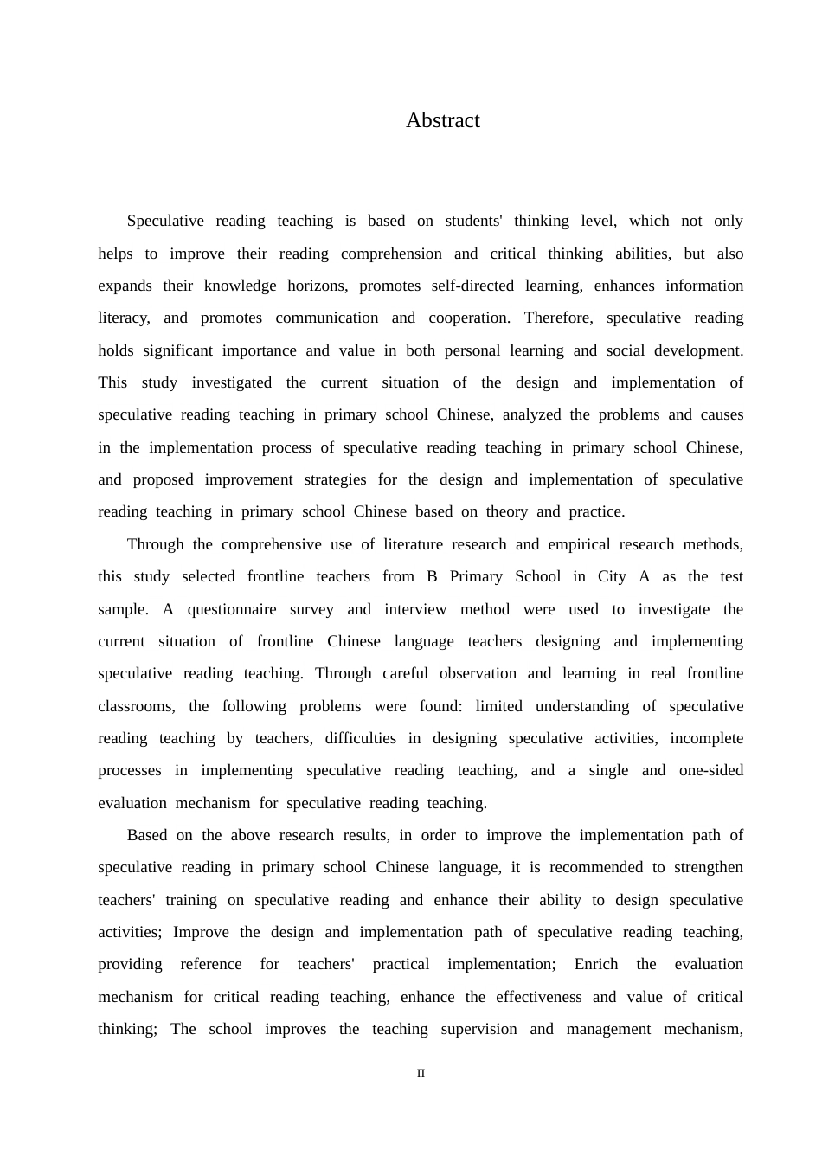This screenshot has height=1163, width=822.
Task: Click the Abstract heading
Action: click(442, 120)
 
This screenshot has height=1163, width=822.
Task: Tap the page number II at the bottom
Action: click(421, 1074)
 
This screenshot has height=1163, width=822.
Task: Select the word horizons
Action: click(317, 286)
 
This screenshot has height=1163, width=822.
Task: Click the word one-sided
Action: click(711, 770)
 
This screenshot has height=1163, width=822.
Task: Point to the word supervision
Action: click(478, 1029)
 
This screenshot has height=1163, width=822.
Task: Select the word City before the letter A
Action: click(612, 576)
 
